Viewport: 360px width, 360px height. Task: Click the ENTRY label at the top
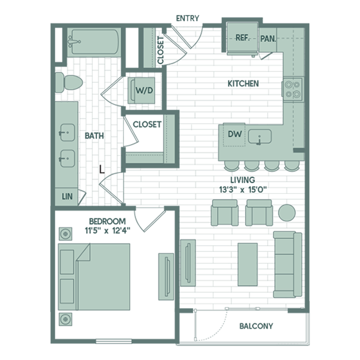(x=187, y=18)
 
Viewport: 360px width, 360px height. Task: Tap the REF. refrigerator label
(x=243, y=38)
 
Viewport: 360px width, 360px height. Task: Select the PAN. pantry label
(x=268, y=39)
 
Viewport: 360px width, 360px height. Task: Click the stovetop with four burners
(x=292, y=90)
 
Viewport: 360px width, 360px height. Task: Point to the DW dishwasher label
(x=235, y=134)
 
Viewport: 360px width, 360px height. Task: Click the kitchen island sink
(x=260, y=136)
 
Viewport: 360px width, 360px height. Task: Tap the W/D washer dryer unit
(x=141, y=90)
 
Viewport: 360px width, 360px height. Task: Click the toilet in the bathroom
(x=69, y=82)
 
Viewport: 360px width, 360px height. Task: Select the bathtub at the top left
(x=94, y=42)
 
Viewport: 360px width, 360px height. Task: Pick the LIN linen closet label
(x=67, y=197)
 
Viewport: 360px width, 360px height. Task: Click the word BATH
(x=94, y=136)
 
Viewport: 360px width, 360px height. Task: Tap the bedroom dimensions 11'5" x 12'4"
(x=107, y=230)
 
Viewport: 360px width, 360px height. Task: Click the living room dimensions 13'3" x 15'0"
(x=243, y=190)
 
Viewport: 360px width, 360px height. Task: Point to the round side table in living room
(x=287, y=213)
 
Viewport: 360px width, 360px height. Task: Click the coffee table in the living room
(x=248, y=265)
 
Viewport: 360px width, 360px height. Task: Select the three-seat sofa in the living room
(x=288, y=265)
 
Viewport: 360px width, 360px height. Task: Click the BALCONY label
(x=256, y=326)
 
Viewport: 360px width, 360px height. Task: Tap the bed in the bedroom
(x=94, y=277)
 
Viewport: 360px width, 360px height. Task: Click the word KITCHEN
(x=243, y=84)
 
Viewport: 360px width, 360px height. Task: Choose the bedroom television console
(x=166, y=277)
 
